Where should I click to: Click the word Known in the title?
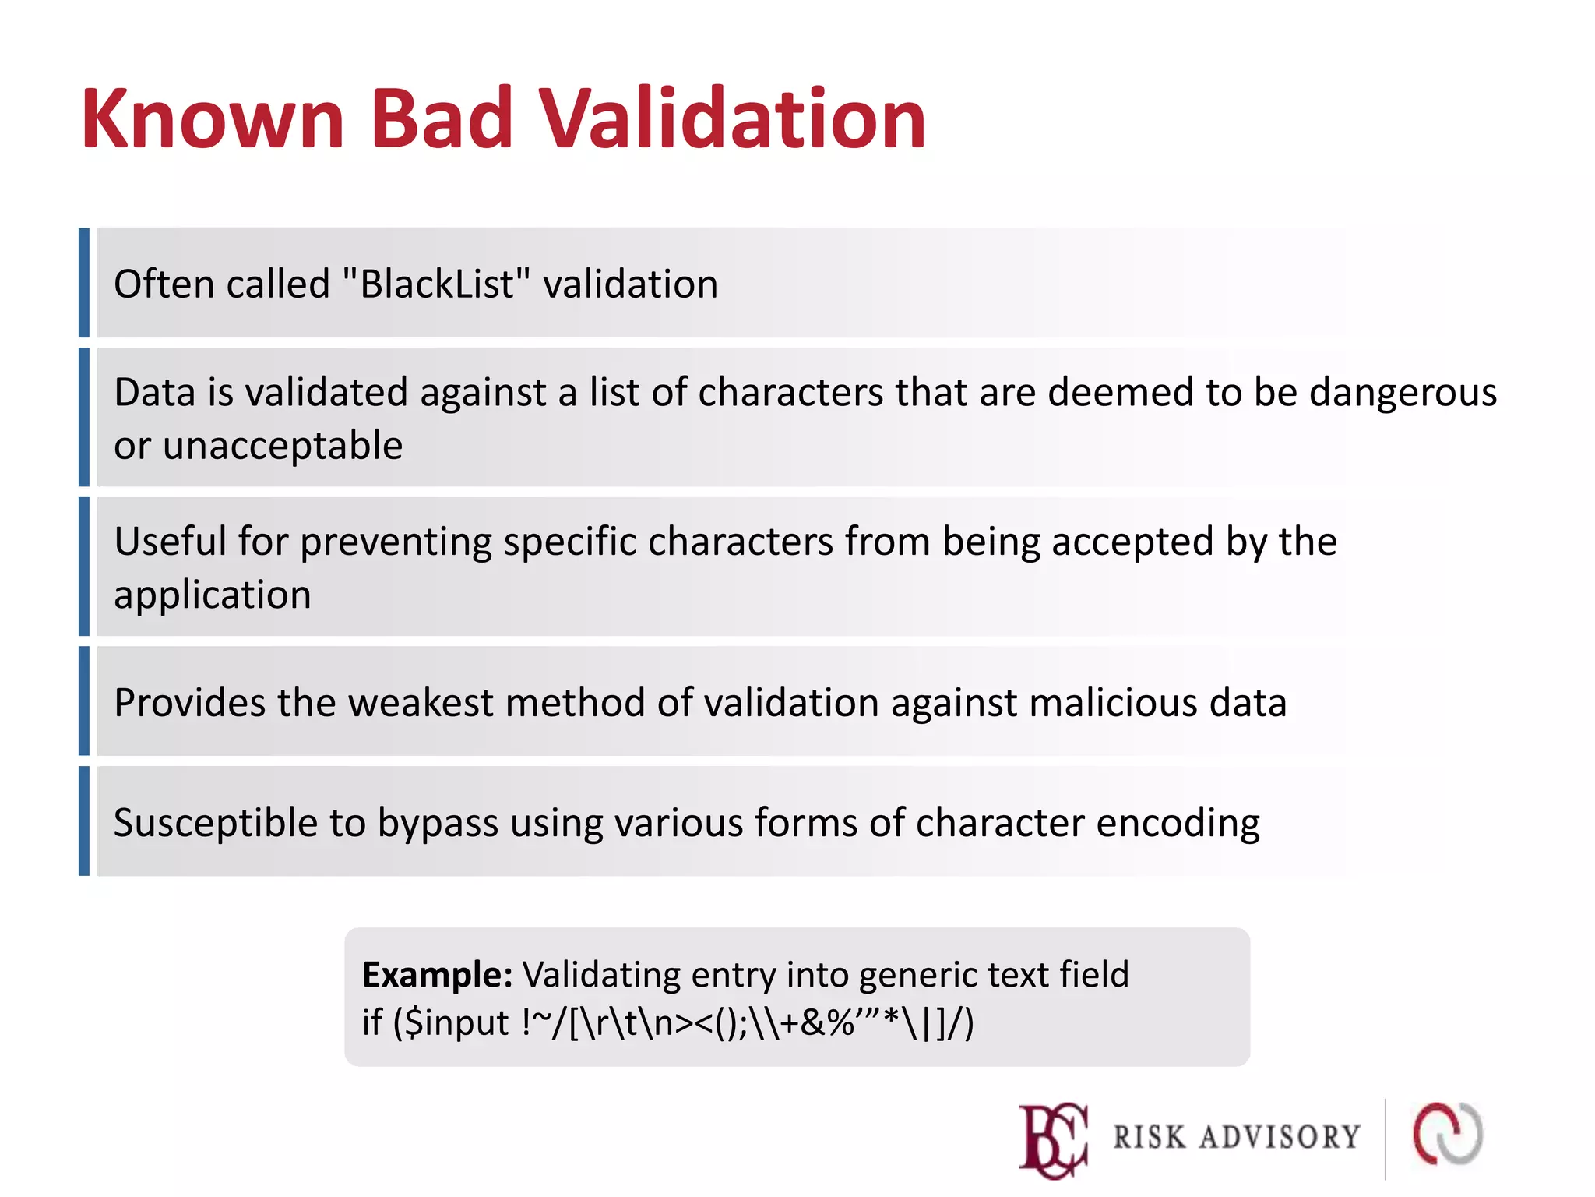tap(213, 118)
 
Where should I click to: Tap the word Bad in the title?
tap(441, 118)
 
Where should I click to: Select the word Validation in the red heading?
tap(732, 118)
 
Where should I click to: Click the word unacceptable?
tap(282, 446)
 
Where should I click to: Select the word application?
tap(212, 595)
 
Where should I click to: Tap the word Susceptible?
tap(215, 823)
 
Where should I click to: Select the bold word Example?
tap(437, 975)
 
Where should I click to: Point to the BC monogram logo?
tap(1053, 1139)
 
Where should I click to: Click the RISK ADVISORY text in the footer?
tap(1236, 1137)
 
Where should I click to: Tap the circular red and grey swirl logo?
tap(1448, 1134)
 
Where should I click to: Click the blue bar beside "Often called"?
tap(84, 283)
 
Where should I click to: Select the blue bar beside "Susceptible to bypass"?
tap(84, 821)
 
